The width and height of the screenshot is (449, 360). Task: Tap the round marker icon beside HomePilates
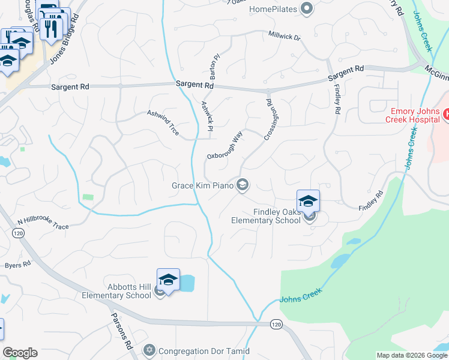tap(307, 8)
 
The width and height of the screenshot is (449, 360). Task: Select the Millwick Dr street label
tap(284, 37)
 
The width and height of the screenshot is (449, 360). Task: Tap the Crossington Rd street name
tap(268, 121)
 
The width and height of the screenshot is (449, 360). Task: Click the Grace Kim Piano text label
tap(202, 186)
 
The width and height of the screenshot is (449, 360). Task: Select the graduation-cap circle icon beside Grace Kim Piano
tap(243, 185)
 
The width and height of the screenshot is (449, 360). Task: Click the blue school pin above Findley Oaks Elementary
tap(308, 200)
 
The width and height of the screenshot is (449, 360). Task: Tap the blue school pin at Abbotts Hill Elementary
tap(169, 280)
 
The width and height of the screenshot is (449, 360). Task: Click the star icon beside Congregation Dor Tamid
tap(149, 350)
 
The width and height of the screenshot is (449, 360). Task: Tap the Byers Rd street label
tap(17, 264)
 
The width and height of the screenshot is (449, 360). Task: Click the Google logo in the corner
tap(20, 353)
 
